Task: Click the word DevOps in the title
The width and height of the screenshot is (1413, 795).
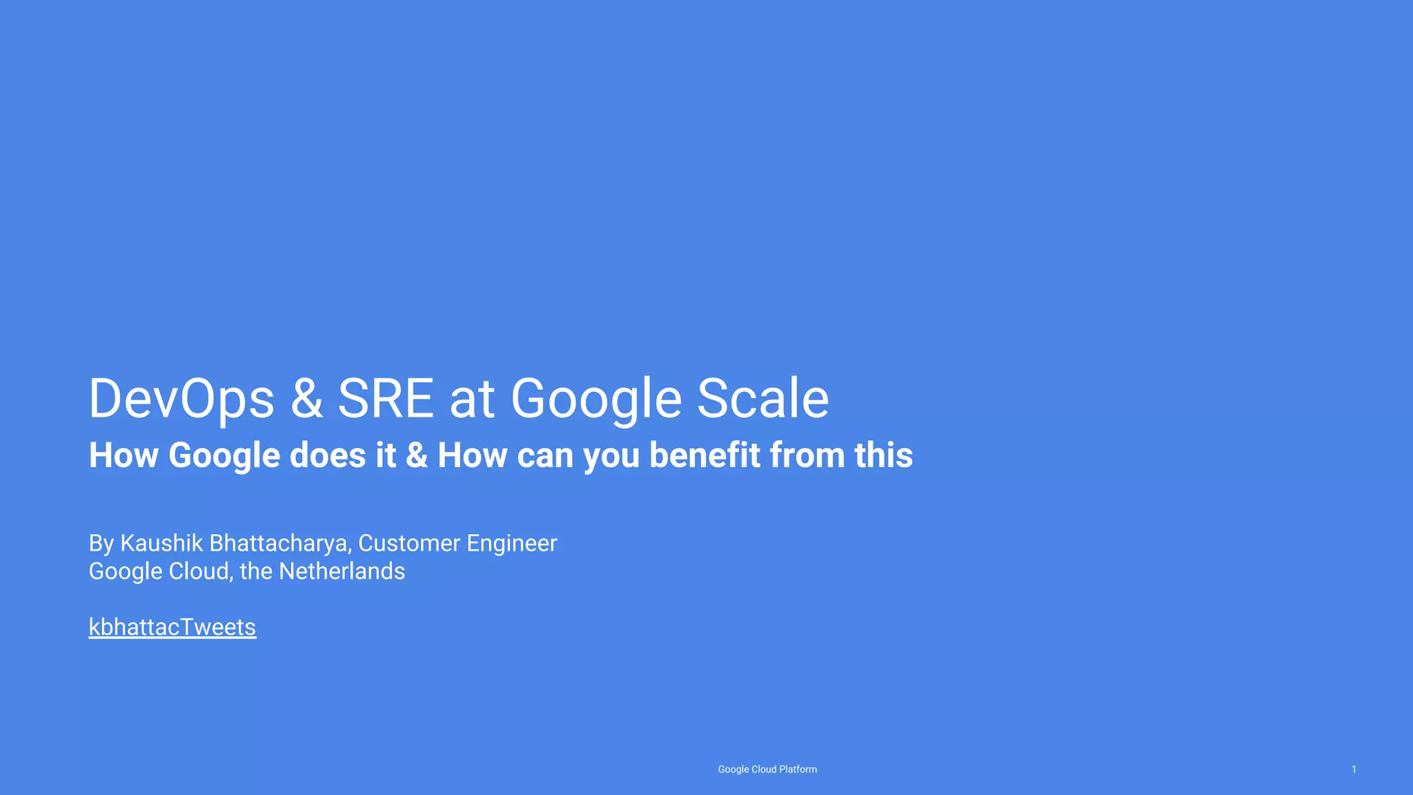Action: click(x=181, y=399)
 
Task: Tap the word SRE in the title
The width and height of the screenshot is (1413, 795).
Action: click(x=385, y=399)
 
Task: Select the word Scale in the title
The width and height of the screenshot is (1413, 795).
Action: click(x=762, y=399)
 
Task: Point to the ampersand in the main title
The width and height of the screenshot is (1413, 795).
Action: click(x=306, y=399)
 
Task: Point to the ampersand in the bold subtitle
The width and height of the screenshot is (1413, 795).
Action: click(x=417, y=455)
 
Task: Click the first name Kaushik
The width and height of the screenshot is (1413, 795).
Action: click(x=161, y=543)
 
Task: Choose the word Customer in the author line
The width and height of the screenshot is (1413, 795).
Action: click(x=409, y=543)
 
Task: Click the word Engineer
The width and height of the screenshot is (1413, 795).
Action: click(x=511, y=543)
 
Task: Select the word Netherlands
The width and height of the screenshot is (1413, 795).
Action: click(x=342, y=571)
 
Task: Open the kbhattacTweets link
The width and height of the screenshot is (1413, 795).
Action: click(x=172, y=627)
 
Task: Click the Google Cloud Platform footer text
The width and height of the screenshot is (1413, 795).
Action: click(x=767, y=769)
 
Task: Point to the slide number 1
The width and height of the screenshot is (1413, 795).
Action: click(x=1354, y=769)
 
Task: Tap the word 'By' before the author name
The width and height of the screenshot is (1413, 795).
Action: click(x=101, y=543)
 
